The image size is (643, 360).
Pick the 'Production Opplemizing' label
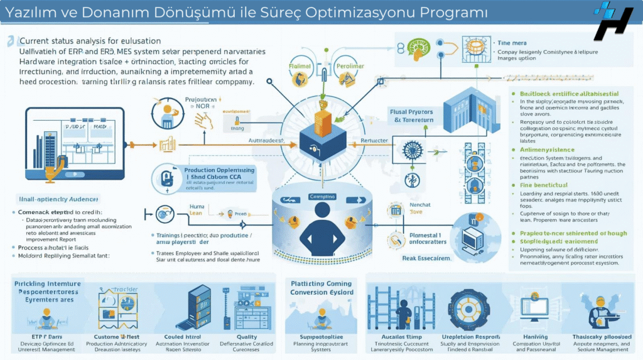[219, 170]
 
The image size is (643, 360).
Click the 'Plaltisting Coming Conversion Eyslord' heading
[321, 287]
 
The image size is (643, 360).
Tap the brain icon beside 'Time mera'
[416, 47]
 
